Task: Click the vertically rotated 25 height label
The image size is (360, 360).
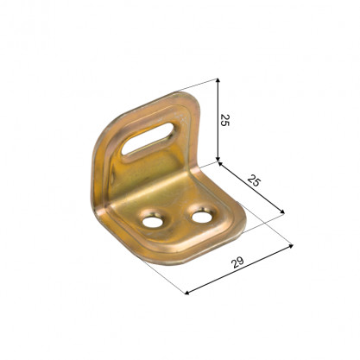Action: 224,120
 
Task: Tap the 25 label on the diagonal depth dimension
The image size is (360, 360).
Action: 254,181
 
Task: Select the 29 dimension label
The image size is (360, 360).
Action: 238,262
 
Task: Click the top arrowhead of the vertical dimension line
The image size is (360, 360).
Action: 218,80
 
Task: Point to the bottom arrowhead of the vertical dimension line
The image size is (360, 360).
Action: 218,160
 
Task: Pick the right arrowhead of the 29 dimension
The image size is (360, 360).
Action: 291,246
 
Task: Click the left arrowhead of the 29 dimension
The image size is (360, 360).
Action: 187,293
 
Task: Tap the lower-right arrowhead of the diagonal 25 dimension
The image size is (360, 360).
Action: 282,212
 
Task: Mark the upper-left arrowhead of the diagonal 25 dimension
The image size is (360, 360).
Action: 221,164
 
